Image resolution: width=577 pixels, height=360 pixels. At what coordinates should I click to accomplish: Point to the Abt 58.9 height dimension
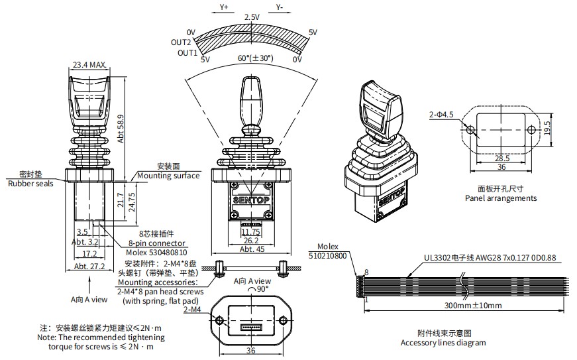(x=121, y=126)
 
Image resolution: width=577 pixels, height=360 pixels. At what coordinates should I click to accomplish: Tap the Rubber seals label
(x=30, y=184)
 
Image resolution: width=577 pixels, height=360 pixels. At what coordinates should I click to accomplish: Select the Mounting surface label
(x=168, y=176)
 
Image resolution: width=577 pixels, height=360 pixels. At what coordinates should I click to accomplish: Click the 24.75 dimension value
(x=131, y=201)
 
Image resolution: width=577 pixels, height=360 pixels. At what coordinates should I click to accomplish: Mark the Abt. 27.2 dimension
(x=90, y=266)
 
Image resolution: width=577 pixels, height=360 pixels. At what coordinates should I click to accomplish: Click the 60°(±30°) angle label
(x=255, y=58)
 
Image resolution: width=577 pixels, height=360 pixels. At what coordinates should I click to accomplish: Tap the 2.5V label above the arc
(x=252, y=17)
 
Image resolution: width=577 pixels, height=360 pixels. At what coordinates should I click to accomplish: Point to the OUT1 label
(x=185, y=52)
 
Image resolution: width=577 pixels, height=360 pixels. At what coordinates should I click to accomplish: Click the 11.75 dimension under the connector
(x=250, y=232)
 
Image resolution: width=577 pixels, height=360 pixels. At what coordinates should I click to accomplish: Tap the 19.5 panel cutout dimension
(x=547, y=127)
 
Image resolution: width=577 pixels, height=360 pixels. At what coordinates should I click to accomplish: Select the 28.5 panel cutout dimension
(x=502, y=158)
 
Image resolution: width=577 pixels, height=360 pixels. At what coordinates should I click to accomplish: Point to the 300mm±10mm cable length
(x=472, y=306)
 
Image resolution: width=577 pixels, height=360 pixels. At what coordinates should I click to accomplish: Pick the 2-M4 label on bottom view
(x=192, y=310)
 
